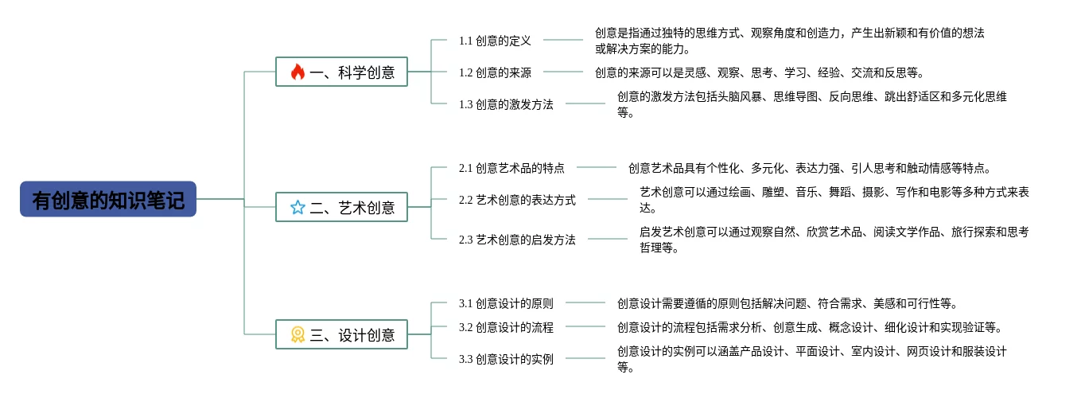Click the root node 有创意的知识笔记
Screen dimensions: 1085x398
(x=108, y=199)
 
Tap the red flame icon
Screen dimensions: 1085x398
(x=297, y=72)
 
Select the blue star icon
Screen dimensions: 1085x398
(x=297, y=208)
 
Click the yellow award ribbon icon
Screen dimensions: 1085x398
(x=297, y=334)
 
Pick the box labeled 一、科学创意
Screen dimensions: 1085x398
(x=341, y=72)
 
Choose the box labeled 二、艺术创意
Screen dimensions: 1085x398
(x=341, y=207)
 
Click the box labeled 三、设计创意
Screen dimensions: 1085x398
(x=341, y=334)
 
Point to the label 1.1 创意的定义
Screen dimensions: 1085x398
(x=495, y=41)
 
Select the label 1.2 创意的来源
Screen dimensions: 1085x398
(x=495, y=72)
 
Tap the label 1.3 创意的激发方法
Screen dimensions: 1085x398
(x=506, y=104)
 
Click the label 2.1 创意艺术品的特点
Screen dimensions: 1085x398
(x=511, y=168)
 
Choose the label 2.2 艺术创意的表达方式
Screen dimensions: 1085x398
(x=517, y=200)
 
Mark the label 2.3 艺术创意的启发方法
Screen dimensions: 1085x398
(x=517, y=240)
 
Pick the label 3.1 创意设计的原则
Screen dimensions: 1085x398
(x=506, y=303)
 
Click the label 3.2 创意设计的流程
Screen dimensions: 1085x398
(x=506, y=327)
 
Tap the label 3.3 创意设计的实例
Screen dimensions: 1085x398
(x=506, y=359)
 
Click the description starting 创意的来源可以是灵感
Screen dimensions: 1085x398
(x=760, y=72)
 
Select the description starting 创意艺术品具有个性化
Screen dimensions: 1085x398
(x=810, y=168)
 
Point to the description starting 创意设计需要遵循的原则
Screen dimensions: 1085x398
(x=787, y=303)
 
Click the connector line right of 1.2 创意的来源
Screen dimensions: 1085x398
(x=563, y=72)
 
